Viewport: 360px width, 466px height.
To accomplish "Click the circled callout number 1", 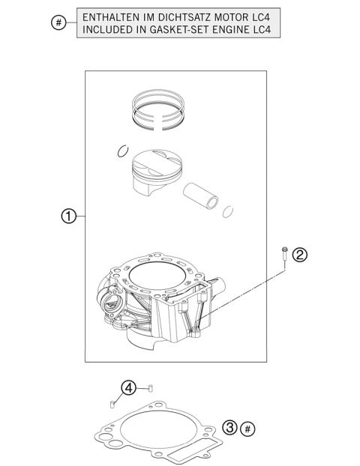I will coord(68,217).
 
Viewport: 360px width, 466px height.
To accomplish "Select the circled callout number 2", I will coord(298,255).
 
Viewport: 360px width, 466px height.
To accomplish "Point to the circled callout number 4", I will coord(129,388).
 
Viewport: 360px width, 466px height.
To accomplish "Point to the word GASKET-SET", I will coord(179,30).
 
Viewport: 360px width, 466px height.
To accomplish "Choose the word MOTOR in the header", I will coord(235,17).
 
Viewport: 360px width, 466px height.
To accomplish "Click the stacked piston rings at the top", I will coord(158,109).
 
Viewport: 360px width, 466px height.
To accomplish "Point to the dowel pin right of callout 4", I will coord(151,387).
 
